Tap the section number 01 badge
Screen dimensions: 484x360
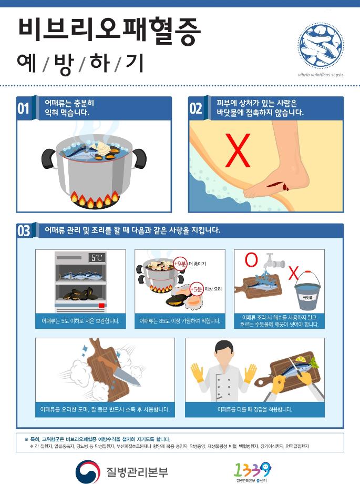pyautogui.click(x=24, y=108)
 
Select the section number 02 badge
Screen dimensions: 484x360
pyautogui.click(x=196, y=108)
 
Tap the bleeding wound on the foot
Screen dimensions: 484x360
pyautogui.click(x=276, y=185)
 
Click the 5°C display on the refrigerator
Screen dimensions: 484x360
pyautogui.click(x=97, y=258)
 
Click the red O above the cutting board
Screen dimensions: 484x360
pyautogui.click(x=252, y=259)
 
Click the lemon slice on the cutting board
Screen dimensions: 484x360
pyautogui.click(x=314, y=362)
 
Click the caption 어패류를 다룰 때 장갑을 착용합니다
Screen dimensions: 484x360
pyautogui.click(x=254, y=409)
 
